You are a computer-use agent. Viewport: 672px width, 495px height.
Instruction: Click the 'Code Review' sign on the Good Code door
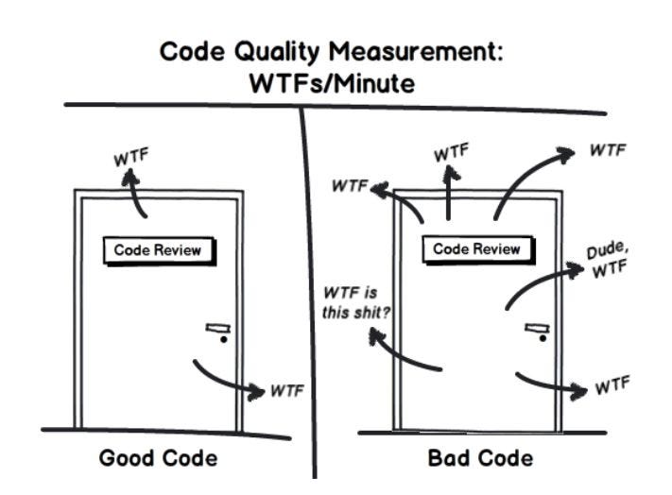158,250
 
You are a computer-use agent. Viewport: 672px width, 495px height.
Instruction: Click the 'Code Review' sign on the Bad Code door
476,249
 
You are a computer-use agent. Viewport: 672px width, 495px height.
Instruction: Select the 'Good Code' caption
158,459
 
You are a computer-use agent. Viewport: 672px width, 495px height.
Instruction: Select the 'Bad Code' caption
480,459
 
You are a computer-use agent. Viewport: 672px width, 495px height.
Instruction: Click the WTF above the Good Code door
132,159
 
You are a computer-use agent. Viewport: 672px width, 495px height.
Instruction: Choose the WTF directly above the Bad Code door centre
451,151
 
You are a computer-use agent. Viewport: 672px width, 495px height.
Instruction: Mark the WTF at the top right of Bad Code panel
609,149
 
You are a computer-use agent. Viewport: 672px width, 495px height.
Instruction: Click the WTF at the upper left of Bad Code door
349,185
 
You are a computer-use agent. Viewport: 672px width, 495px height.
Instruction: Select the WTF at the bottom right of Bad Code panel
612,387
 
